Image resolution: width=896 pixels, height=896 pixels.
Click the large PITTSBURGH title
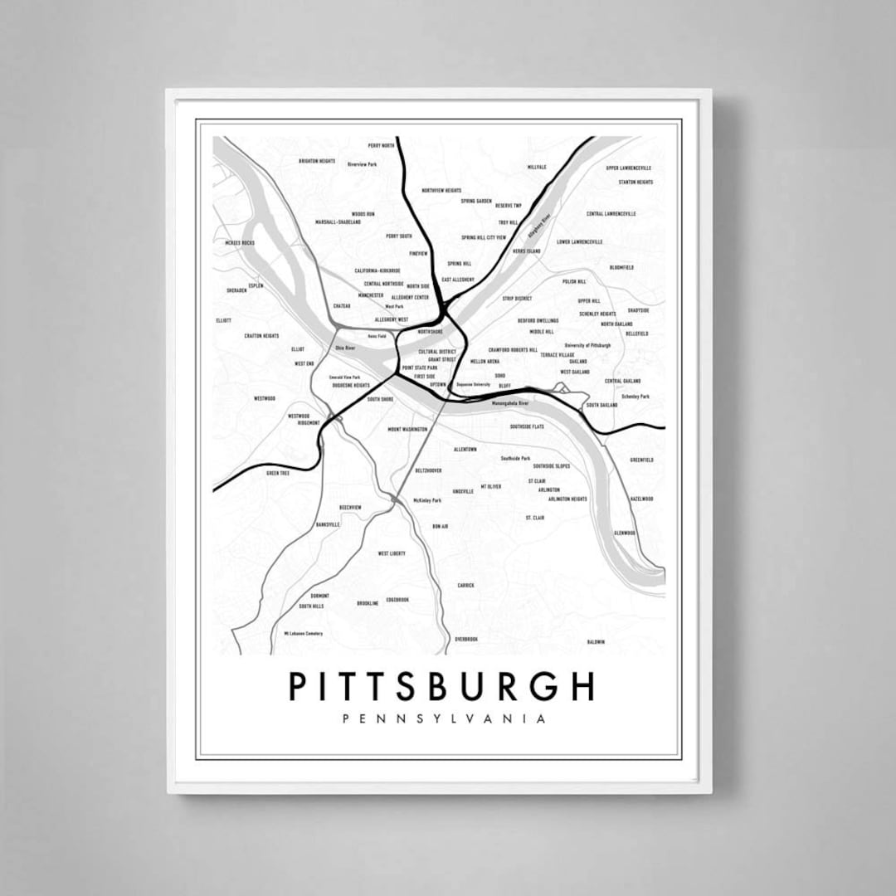click(x=441, y=686)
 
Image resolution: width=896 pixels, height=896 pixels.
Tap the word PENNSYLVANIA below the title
click(x=444, y=718)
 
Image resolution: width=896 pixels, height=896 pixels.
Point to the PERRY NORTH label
click(x=382, y=145)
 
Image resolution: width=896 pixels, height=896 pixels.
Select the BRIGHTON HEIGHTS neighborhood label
click(x=317, y=161)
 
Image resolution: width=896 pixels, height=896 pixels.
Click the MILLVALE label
click(x=537, y=167)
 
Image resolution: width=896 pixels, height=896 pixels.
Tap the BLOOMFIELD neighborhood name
click(x=621, y=267)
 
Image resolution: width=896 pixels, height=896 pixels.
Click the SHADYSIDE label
click(x=638, y=310)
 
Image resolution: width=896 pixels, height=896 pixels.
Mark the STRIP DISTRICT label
click(x=517, y=298)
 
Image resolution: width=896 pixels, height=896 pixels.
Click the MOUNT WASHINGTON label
click(x=407, y=430)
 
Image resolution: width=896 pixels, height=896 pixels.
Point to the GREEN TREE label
click(x=277, y=473)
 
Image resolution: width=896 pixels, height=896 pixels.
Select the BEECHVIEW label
click(x=350, y=507)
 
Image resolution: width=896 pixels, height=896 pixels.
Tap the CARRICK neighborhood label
click(x=465, y=585)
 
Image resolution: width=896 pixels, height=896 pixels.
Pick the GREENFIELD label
click(x=641, y=459)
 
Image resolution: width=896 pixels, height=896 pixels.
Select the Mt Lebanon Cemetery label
click(x=303, y=633)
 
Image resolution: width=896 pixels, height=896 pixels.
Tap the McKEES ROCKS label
click(x=239, y=242)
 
